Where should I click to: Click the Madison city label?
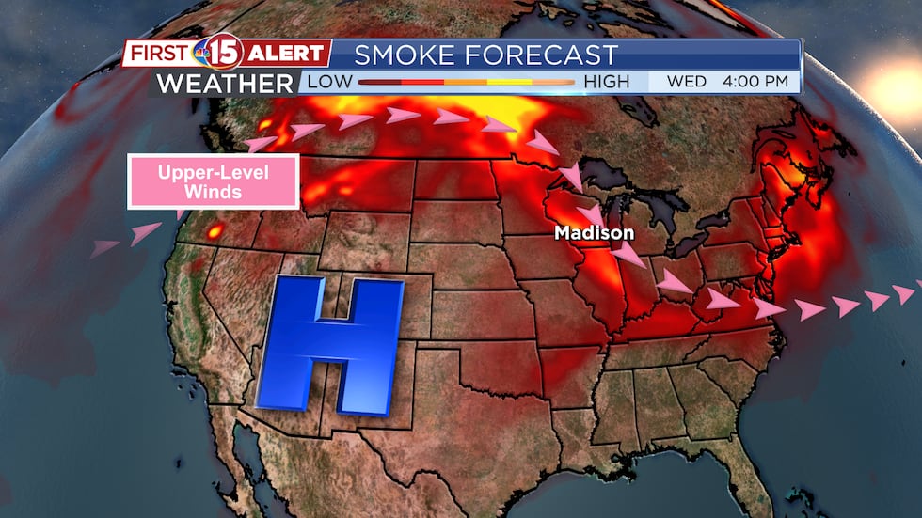594,232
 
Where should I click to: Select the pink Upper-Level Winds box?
214,181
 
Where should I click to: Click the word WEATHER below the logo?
225,83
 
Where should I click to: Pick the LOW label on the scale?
326,82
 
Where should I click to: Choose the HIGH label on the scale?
607,82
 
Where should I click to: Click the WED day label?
686,82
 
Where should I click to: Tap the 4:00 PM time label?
755,82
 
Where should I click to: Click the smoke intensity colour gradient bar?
466,83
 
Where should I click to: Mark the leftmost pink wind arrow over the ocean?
104,248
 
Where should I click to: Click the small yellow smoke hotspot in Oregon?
215,231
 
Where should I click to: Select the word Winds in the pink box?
214,193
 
